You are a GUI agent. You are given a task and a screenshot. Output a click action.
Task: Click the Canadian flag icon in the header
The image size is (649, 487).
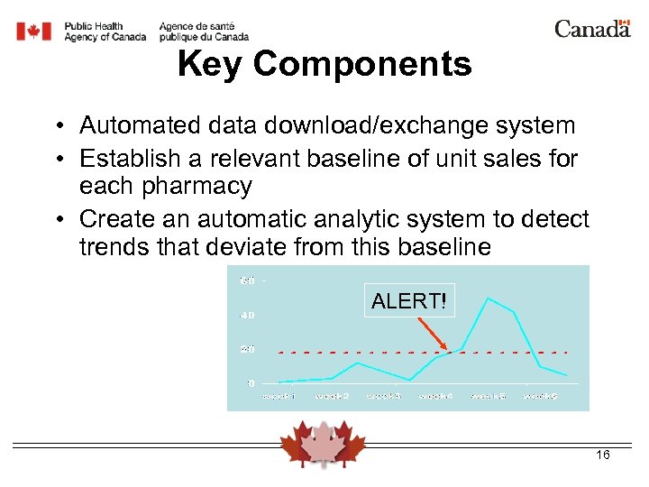click(34, 32)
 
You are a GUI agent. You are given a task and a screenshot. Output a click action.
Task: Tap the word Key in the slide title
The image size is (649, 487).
click(211, 64)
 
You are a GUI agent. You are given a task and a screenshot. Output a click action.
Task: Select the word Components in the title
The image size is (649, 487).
click(362, 64)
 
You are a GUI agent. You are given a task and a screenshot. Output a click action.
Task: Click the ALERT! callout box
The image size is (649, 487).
click(409, 301)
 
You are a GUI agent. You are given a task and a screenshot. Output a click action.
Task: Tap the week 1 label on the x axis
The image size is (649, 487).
click(279, 397)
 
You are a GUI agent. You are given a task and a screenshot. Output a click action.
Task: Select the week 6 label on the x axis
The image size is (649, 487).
click(541, 397)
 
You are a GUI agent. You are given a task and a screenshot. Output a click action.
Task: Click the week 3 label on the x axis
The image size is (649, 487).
click(384, 397)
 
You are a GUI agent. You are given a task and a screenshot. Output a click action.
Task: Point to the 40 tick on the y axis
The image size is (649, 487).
click(247, 315)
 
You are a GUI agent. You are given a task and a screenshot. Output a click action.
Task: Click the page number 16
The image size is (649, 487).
click(603, 455)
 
